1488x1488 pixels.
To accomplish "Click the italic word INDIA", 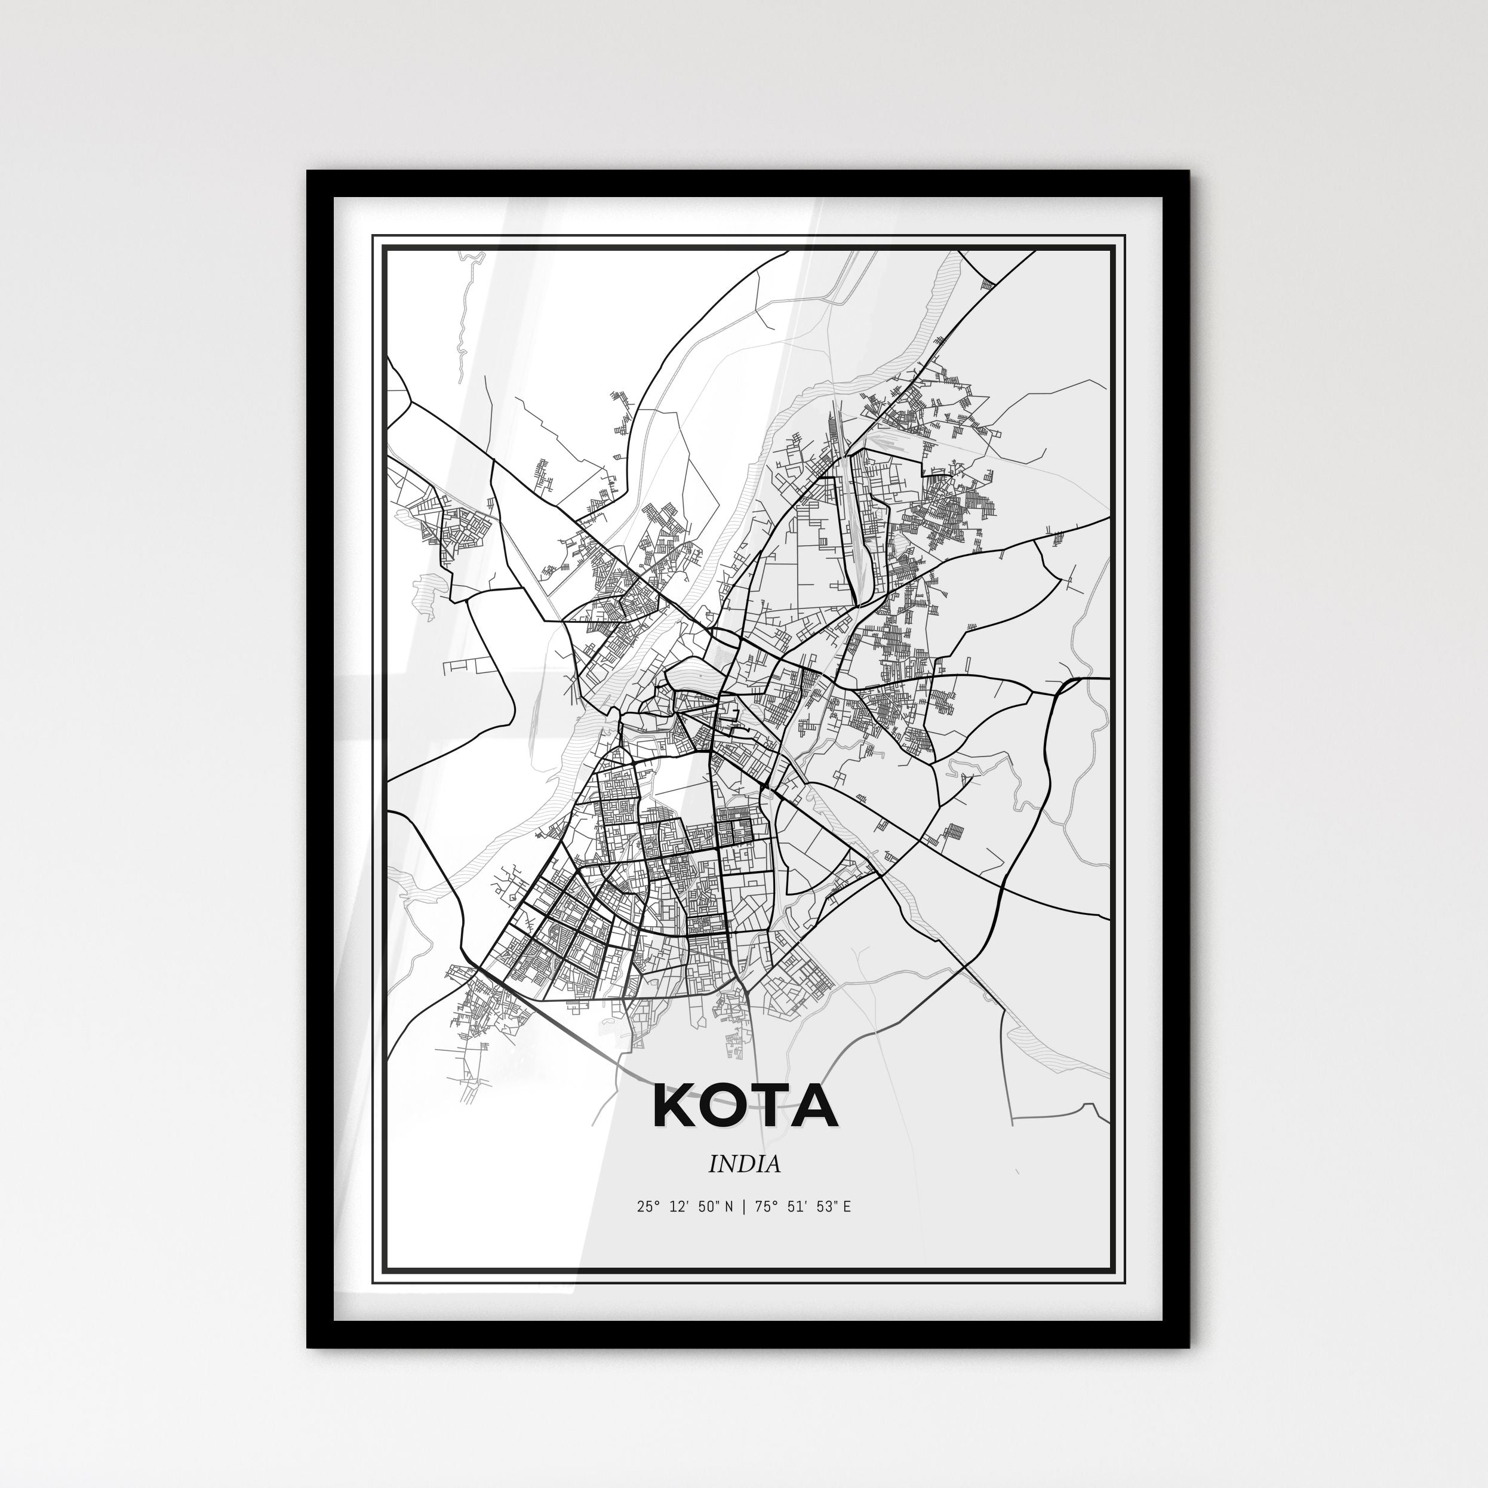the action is coord(744,1164).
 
